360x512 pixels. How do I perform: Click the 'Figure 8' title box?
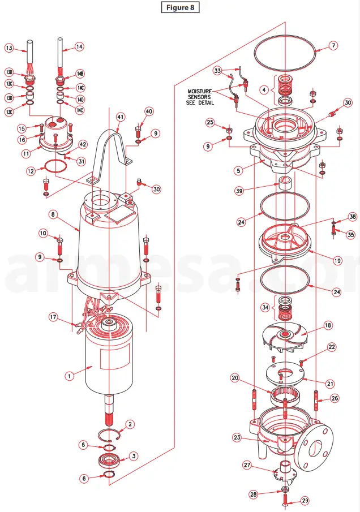(180, 7)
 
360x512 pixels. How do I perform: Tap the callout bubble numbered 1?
(70, 375)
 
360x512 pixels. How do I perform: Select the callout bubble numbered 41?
(121, 117)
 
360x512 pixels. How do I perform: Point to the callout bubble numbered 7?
(333, 45)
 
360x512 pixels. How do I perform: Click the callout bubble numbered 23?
(237, 437)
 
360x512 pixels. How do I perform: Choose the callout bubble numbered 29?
(305, 500)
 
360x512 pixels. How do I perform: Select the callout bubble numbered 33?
(217, 71)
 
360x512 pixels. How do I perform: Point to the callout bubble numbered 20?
(234, 378)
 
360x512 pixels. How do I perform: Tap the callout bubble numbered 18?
(327, 325)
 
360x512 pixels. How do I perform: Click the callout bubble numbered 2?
(130, 424)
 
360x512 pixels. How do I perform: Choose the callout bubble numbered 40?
(149, 111)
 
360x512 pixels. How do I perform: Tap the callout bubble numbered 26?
(335, 398)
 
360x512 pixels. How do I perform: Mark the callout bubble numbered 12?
(32, 170)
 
